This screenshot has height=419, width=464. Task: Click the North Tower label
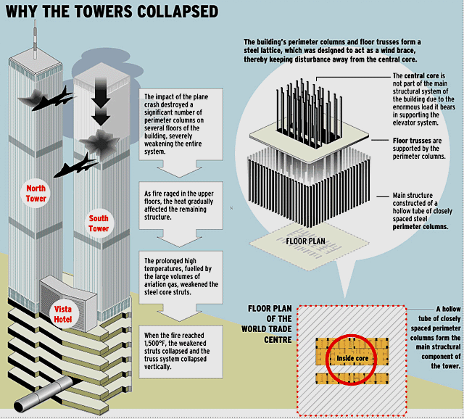[x=36, y=194]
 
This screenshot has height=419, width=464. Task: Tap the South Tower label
[x=99, y=223]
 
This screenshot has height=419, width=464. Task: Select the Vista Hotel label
[x=63, y=315]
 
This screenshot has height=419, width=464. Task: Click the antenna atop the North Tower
[x=36, y=39]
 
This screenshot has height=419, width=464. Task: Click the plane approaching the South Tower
[x=75, y=166]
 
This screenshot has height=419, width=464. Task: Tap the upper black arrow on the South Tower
[x=101, y=93]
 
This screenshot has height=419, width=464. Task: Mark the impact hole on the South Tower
[x=100, y=143]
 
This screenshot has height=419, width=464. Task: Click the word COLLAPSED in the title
[x=177, y=12]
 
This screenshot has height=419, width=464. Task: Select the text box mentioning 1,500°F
[x=181, y=352]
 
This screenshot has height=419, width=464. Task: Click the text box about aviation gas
[x=181, y=277]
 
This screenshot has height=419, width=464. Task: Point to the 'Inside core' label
[x=352, y=358]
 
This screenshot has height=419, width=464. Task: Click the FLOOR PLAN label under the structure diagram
[x=305, y=241]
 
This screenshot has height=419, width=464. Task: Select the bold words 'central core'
[x=422, y=75]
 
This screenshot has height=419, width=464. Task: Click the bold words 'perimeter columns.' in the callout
[x=420, y=227]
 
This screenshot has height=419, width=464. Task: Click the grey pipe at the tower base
[x=43, y=394]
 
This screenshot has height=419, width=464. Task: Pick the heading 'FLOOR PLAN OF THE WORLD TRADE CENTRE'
[x=267, y=324]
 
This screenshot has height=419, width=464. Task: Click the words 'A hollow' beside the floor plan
[x=448, y=309]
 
